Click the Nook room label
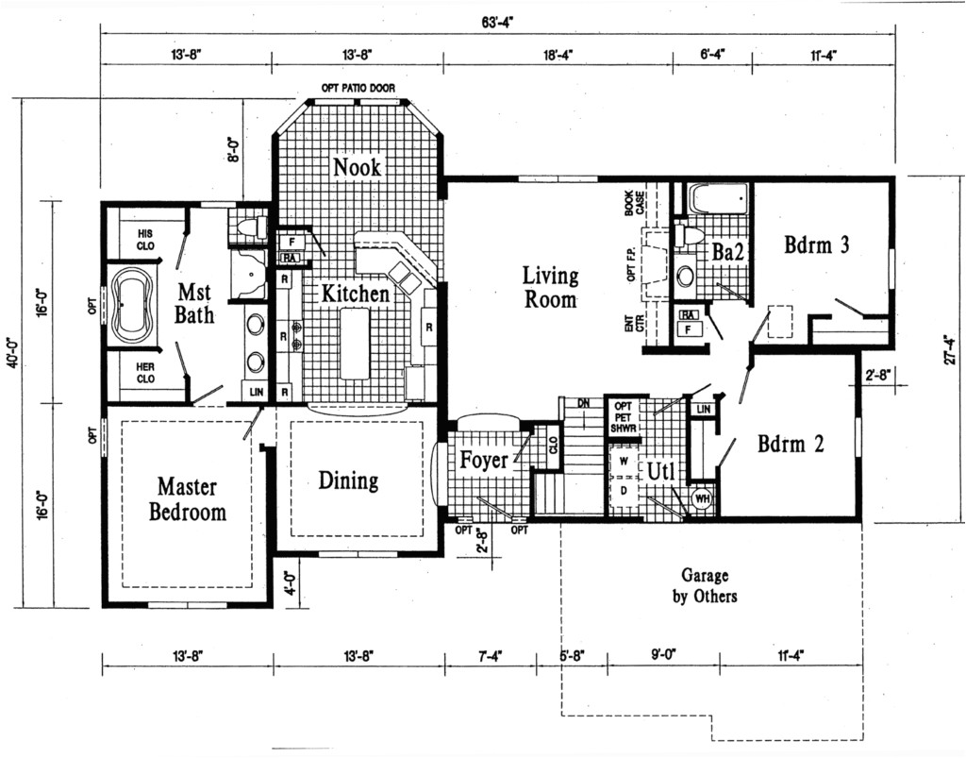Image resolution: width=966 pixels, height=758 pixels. (357, 167)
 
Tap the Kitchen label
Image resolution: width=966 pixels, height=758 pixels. (355, 295)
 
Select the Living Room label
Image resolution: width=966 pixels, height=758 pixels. (551, 288)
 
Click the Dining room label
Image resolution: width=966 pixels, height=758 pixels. (347, 481)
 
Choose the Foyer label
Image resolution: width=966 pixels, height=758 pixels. (483, 461)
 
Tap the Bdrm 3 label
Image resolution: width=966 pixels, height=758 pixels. (817, 245)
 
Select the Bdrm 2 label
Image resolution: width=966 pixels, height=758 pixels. (791, 444)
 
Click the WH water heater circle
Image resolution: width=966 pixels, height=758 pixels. (702, 498)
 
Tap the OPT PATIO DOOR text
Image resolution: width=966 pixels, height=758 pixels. (358, 89)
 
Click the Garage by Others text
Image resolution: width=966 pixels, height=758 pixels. (704, 585)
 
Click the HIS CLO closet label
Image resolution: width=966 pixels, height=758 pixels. (145, 239)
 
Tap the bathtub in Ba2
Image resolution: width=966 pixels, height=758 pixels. (717, 200)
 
